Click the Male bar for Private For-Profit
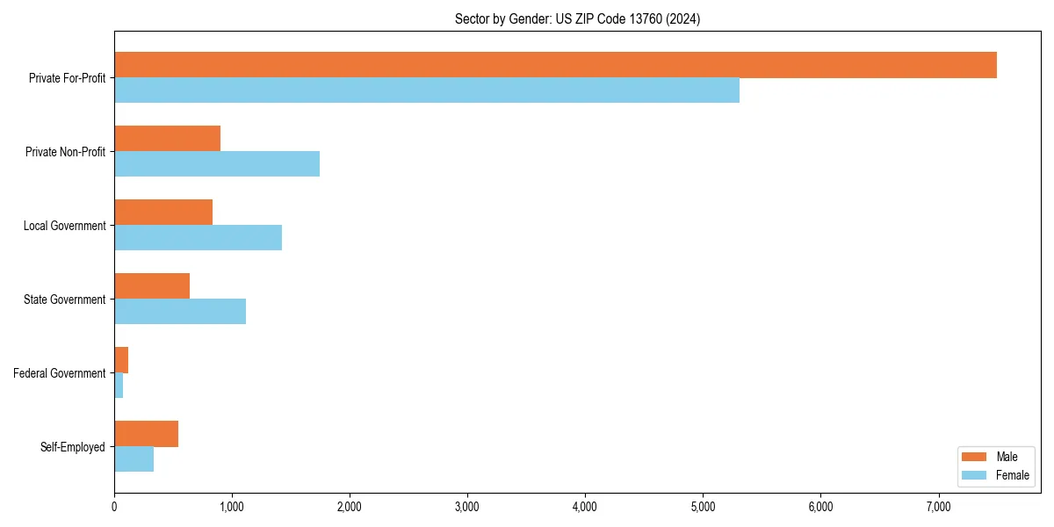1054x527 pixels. (x=555, y=65)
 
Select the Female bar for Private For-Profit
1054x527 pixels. (x=427, y=90)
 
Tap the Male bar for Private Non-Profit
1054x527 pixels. (x=167, y=139)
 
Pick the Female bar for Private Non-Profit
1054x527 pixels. (x=217, y=164)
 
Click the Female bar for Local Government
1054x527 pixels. (x=198, y=238)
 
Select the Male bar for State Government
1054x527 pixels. (x=152, y=286)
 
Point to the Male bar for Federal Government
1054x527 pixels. (x=121, y=360)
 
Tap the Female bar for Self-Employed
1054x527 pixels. (x=134, y=459)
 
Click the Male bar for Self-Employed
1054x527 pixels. (x=146, y=434)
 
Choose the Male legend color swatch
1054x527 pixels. (x=975, y=457)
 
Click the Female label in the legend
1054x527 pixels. (x=1012, y=475)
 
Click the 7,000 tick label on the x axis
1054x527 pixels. (x=938, y=507)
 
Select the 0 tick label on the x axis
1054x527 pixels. (x=114, y=507)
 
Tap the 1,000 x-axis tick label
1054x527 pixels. (x=232, y=507)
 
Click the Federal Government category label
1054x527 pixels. (x=59, y=373)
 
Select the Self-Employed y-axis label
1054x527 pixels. (x=72, y=447)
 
